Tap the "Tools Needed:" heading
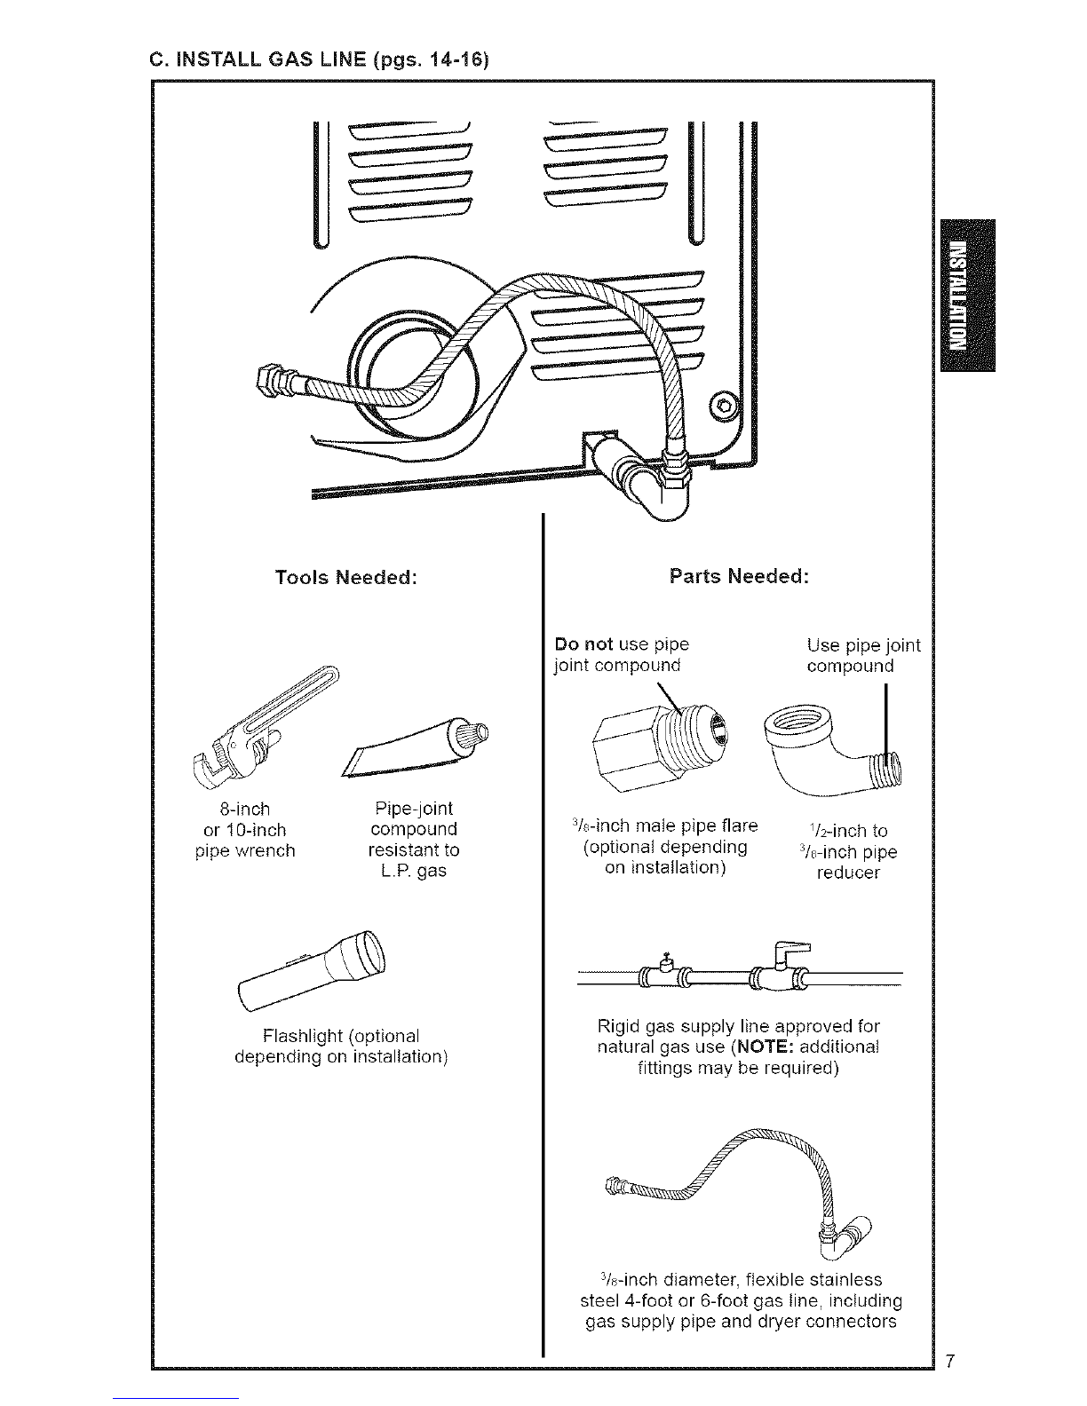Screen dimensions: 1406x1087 coord(345,577)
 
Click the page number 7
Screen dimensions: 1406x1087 coord(950,1362)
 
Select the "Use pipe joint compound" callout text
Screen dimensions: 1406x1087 coord(861,655)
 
